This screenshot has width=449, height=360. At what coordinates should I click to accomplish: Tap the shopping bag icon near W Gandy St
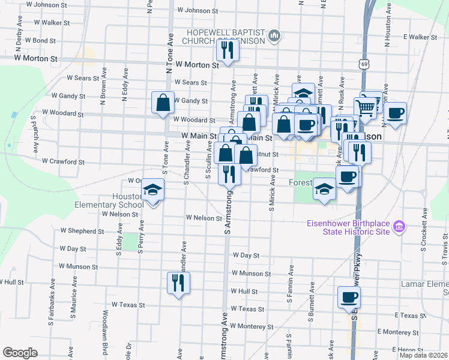(x=163, y=102)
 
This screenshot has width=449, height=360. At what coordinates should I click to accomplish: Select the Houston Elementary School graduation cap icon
(x=152, y=190)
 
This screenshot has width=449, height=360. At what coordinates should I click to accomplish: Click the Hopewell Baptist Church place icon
(x=274, y=36)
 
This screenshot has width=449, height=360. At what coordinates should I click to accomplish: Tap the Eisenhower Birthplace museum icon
(x=399, y=227)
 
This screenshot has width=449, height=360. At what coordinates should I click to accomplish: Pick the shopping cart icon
(x=365, y=108)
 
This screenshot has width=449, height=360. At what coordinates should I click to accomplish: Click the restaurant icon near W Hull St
(x=178, y=283)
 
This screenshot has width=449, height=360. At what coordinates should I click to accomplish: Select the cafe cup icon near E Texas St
(x=349, y=298)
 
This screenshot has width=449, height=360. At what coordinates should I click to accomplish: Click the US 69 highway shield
(x=364, y=63)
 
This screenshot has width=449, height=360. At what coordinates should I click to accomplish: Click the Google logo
(x=20, y=353)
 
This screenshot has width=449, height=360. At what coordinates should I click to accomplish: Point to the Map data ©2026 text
(x=424, y=355)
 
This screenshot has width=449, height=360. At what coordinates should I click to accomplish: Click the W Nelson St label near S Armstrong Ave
(x=204, y=218)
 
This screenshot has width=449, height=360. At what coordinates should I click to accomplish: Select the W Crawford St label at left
(x=63, y=161)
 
